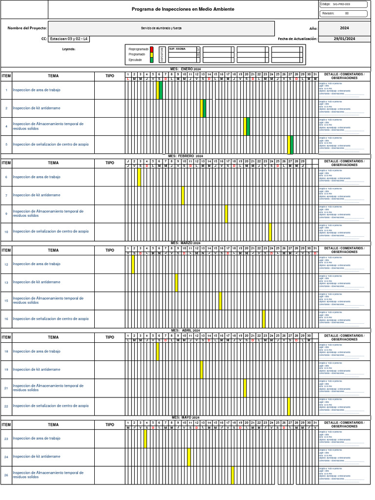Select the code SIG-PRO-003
click(341, 4)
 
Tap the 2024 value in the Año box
click(344, 28)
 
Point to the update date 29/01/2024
click(344, 39)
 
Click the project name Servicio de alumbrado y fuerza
click(162, 28)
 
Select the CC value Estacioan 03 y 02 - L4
click(69, 39)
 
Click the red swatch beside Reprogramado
click(152, 49)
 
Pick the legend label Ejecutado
click(135, 60)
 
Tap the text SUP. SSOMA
click(177, 49)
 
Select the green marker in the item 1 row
click(161, 90)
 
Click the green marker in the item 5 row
click(292, 145)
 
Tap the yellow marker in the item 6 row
click(139, 177)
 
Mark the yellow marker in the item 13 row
click(176, 283)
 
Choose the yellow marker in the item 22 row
click(289, 406)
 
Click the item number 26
click(6, 475)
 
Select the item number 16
click(6, 318)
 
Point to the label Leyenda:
click(69, 49)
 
